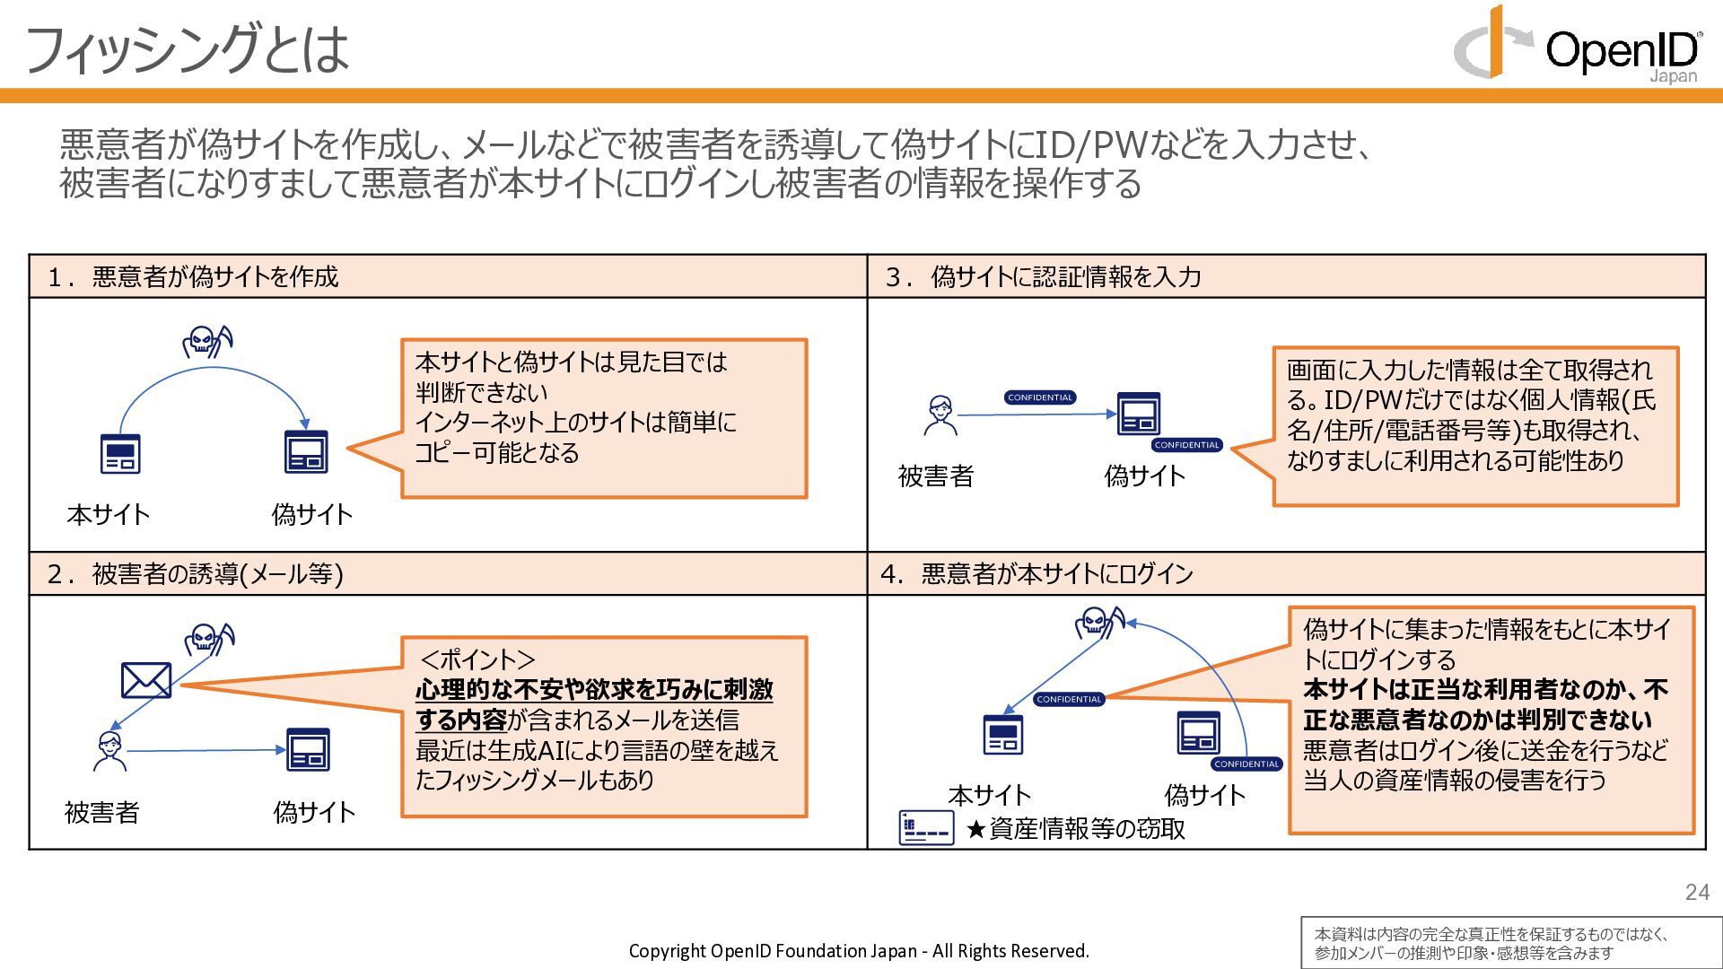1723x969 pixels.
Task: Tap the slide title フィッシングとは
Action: (x=187, y=48)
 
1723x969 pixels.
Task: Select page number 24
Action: (x=1697, y=892)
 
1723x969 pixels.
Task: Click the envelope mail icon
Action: (x=146, y=681)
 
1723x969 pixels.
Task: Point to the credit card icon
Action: (x=926, y=827)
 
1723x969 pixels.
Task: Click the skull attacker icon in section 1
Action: (x=207, y=342)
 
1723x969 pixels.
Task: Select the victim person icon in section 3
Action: (x=940, y=415)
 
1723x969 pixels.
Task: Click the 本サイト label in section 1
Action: (x=109, y=514)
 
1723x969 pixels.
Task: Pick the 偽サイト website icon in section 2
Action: (x=308, y=750)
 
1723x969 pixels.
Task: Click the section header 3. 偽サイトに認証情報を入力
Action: (x=1043, y=276)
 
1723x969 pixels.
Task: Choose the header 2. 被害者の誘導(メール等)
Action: (x=196, y=573)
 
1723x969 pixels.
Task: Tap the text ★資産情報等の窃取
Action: (x=1075, y=828)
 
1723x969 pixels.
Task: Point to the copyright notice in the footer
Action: (x=859, y=951)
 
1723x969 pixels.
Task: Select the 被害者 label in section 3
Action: (x=936, y=476)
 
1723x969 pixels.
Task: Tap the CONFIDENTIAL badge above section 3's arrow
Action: (x=1040, y=397)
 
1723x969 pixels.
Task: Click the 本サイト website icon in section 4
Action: (x=1003, y=735)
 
